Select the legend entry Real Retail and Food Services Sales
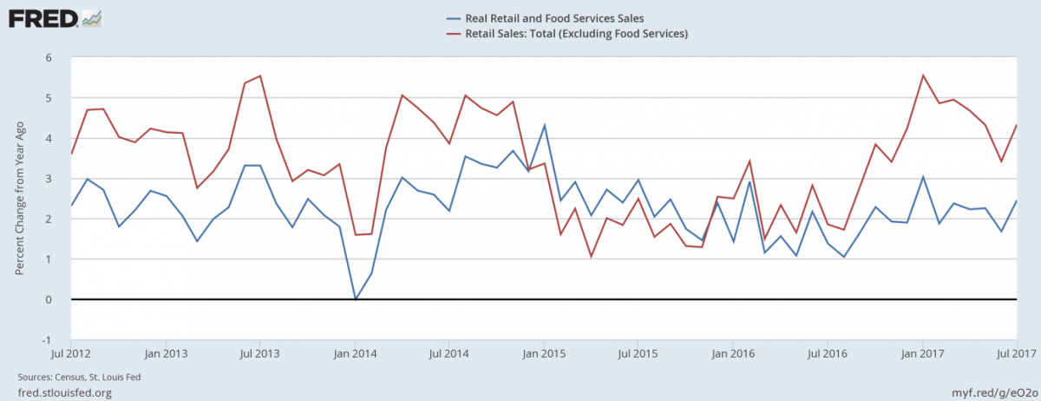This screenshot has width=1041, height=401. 550,18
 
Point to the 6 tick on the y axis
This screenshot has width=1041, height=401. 49,57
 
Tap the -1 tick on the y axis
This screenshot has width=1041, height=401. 47,339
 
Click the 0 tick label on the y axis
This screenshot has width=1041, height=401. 49,299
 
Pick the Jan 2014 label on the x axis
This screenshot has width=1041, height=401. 355,354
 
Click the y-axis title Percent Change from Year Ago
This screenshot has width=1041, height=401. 19,199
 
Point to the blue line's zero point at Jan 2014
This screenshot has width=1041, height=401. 355,299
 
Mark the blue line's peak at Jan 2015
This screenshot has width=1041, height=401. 544,125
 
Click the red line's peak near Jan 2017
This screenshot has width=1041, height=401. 922,76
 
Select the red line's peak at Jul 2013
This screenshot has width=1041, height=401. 260,76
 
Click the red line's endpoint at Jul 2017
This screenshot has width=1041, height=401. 1016,125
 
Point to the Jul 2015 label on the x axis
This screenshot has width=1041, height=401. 638,354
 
